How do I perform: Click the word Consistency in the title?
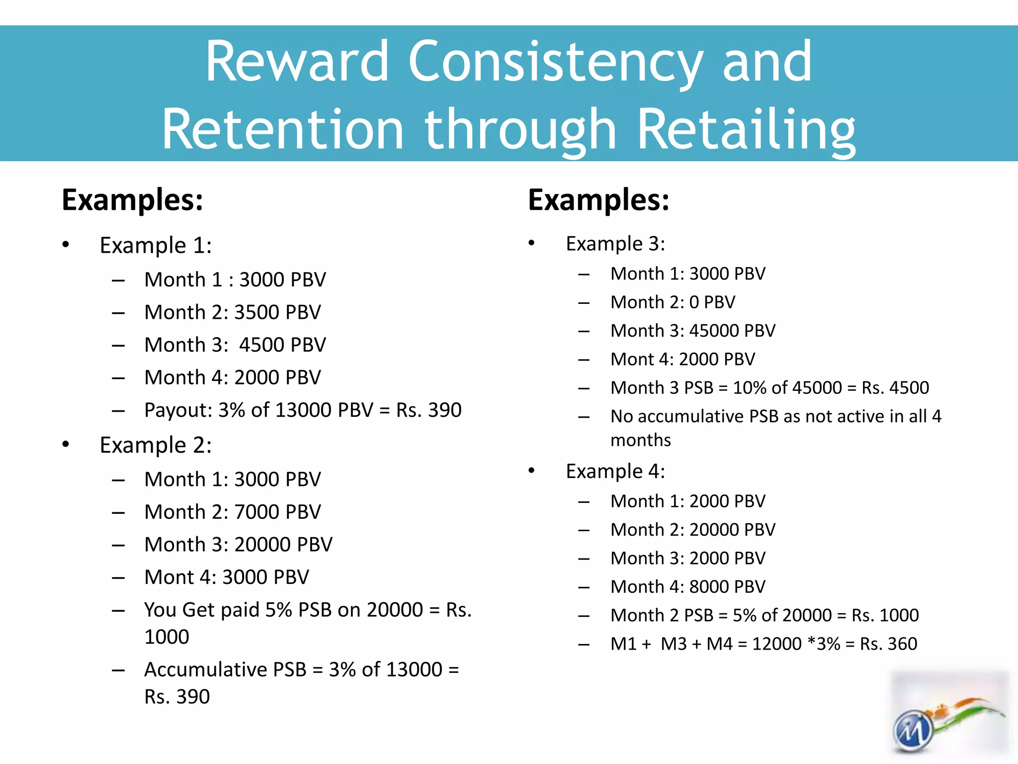coord(556,62)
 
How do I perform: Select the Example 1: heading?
coord(156,245)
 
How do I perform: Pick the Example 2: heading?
coord(156,445)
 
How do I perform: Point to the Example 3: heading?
coord(615,244)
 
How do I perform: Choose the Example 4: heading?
coord(615,471)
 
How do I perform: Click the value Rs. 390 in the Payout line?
coord(428,410)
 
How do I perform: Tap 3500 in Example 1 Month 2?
coord(256,312)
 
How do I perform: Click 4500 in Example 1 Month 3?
coord(262,345)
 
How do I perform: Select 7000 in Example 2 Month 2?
coord(256,512)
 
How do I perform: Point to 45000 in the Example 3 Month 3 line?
coord(714,331)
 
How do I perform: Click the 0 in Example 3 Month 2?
coord(694,302)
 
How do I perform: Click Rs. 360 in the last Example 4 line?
coord(888,644)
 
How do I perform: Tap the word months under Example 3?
coord(640,440)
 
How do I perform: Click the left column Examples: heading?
coord(132,200)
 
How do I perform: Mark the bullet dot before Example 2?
coord(66,445)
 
